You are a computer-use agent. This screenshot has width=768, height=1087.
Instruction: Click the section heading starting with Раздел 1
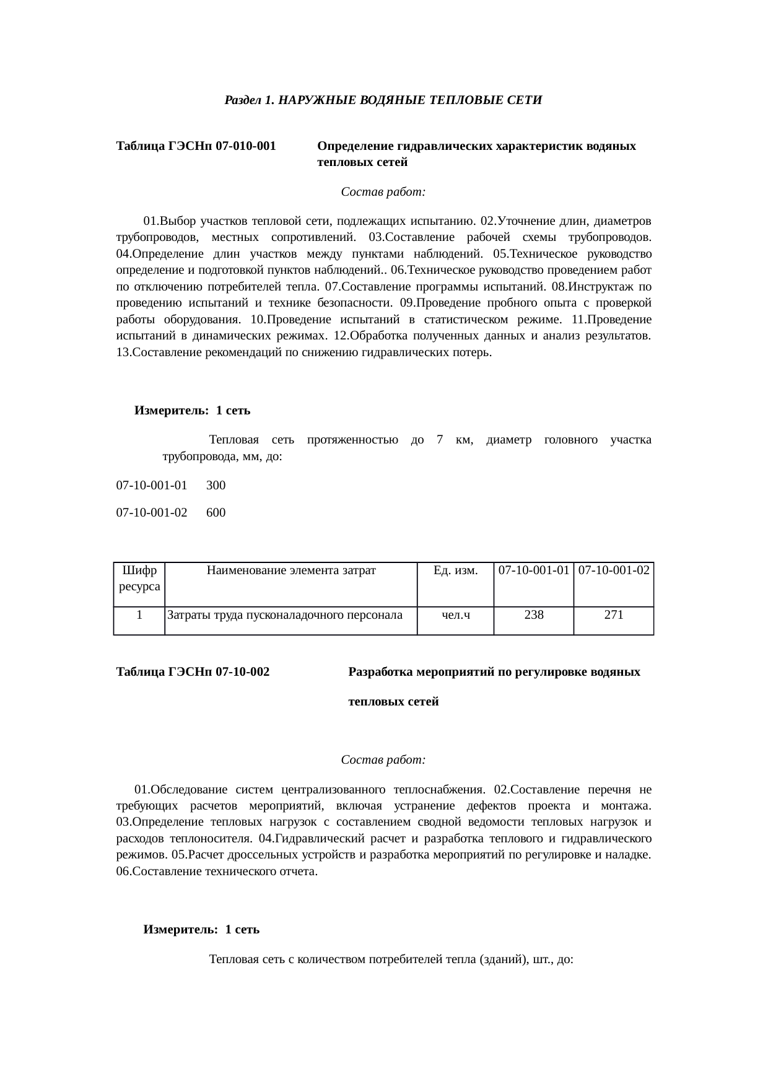(383, 100)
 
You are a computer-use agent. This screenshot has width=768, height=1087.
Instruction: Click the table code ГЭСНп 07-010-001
(196, 147)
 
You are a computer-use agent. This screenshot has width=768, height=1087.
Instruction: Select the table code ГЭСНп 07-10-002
(193, 672)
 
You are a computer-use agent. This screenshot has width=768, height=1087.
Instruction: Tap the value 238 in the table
(533, 615)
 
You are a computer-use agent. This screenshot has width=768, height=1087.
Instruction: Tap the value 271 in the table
(614, 615)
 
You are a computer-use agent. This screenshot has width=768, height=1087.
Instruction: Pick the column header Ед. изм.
(455, 570)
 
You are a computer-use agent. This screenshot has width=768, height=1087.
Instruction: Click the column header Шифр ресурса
(139, 578)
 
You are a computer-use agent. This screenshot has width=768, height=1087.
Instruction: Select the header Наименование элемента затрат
(291, 570)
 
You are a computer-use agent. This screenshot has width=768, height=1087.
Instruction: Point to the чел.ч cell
(455, 615)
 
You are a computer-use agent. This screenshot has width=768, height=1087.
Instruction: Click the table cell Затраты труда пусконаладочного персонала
(285, 615)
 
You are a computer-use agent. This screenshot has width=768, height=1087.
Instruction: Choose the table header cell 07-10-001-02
(614, 570)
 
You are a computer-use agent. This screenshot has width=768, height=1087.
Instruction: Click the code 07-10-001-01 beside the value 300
(152, 486)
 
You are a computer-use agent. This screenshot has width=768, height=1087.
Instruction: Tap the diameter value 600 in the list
(216, 513)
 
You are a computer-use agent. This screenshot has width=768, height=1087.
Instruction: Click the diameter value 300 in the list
(216, 486)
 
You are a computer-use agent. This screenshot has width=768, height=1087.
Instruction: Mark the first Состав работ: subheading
(383, 192)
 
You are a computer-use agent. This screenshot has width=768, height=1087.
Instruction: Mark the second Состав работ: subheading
(383, 760)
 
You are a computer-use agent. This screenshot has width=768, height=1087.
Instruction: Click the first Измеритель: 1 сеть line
(193, 411)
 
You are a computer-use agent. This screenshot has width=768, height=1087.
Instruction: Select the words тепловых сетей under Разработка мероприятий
(394, 702)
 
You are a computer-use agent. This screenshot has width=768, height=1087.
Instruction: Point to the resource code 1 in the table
(140, 615)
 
